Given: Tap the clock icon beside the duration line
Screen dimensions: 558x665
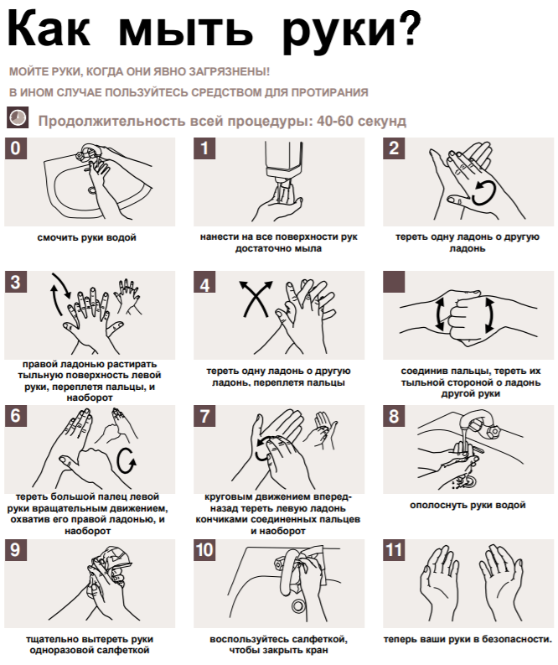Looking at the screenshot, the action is pyautogui.click(x=18, y=117).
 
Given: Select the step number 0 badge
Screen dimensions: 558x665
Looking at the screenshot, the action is pyautogui.click(x=15, y=148).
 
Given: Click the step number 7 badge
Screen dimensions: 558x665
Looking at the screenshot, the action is pyautogui.click(x=204, y=416).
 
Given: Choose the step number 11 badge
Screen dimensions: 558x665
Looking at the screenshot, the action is pyautogui.click(x=394, y=550).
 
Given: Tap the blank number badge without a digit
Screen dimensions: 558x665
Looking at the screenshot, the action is pyautogui.click(x=394, y=282).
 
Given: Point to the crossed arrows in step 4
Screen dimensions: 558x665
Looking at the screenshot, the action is pyautogui.click(x=256, y=299).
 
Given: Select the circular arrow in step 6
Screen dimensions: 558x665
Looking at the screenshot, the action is pyautogui.click(x=126, y=460).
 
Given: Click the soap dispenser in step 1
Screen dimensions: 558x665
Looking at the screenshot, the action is pyautogui.click(x=283, y=165).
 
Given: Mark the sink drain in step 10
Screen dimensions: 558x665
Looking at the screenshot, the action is pyautogui.click(x=298, y=606).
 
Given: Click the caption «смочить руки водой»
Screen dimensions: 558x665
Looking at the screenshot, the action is pyautogui.click(x=87, y=237).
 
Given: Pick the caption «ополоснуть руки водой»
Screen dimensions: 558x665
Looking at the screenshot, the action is pyautogui.click(x=468, y=505).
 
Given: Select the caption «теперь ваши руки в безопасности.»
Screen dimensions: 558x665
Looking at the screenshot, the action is pyautogui.click(x=468, y=639).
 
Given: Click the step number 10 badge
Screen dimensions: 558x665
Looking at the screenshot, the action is pyautogui.click(x=204, y=550).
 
